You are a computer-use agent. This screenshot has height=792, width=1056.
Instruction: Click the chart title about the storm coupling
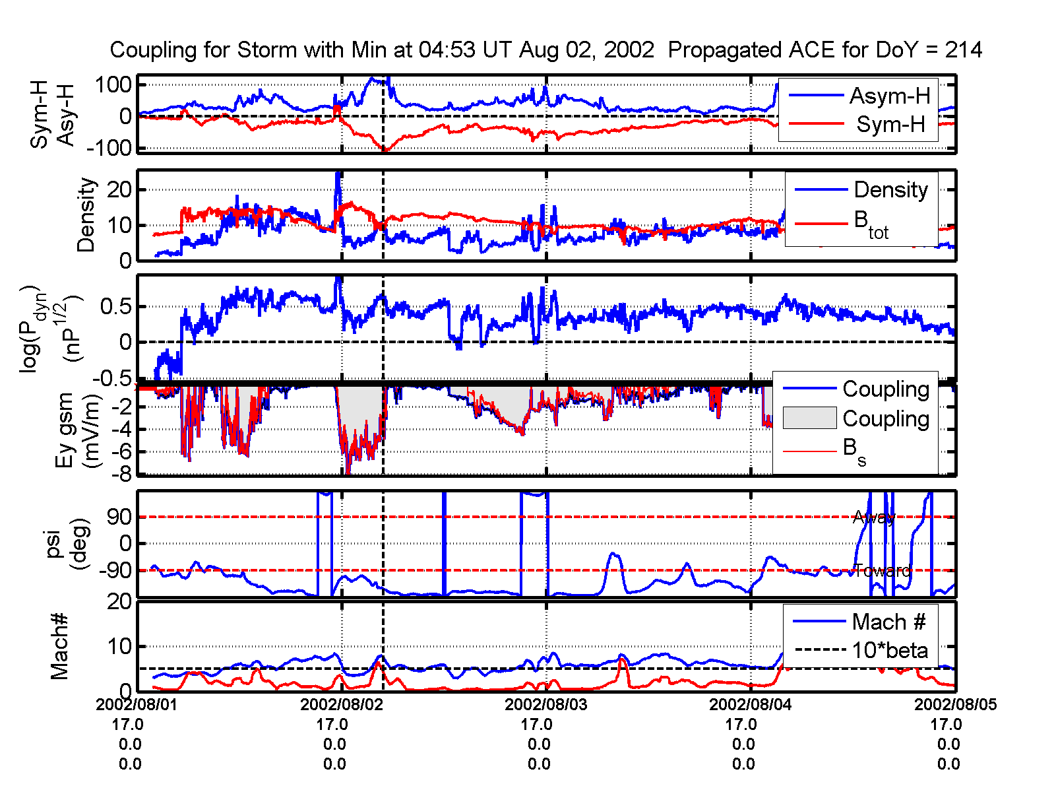[x=546, y=49]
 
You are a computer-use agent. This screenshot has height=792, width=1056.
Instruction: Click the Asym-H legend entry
[x=889, y=96]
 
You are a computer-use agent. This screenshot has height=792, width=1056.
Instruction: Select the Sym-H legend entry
[x=890, y=124]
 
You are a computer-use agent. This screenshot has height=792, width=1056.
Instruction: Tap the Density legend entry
[x=890, y=190]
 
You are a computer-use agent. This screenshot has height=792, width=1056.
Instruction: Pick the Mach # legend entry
[x=888, y=622]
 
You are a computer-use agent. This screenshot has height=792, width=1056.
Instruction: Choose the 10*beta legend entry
[x=889, y=650]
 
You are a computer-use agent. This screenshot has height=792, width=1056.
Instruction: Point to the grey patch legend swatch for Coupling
[x=809, y=418]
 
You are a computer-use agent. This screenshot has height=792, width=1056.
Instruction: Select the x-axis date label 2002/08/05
[x=955, y=704]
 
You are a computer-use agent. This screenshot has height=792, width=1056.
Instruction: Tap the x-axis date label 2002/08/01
[x=137, y=704]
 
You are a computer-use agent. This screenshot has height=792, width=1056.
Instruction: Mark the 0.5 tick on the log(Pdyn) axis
[x=115, y=307]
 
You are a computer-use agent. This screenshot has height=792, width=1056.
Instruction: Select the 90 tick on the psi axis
[x=119, y=517]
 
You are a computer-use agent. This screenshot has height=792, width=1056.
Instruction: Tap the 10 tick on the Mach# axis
[x=120, y=646]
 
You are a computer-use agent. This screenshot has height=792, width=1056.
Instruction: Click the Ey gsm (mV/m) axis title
[x=78, y=430]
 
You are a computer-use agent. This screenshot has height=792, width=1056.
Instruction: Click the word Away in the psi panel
[x=874, y=517]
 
